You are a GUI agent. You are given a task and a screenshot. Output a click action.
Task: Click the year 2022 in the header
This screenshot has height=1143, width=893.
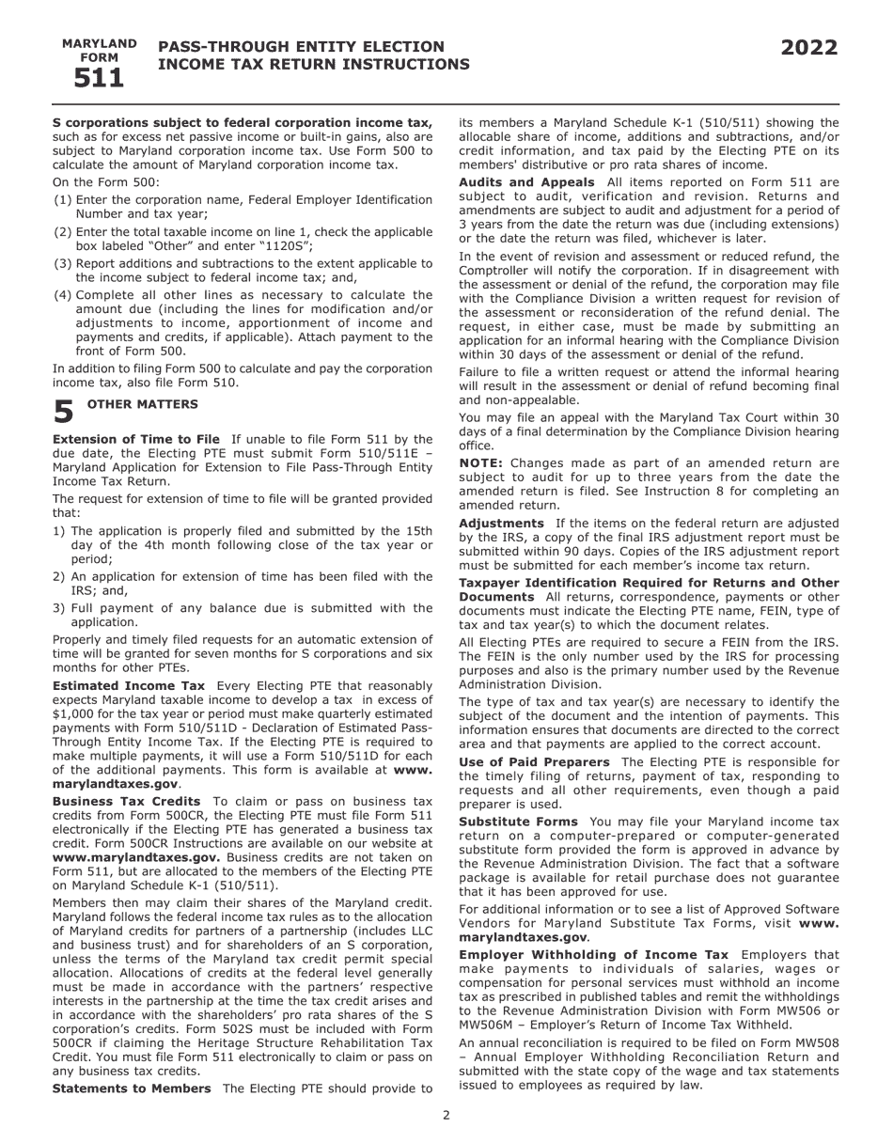tap(808, 48)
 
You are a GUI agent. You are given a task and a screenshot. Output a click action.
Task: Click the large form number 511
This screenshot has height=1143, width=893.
tap(99, 79)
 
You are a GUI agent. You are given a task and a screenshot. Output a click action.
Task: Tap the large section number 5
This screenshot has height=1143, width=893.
tap(63, 413)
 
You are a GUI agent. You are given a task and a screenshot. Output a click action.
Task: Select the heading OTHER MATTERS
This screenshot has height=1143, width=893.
tap(142, 404)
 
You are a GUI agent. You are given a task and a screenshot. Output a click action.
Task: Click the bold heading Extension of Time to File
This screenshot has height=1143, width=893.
tap(135, 439)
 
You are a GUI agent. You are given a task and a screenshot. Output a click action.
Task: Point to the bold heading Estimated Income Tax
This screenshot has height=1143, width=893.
tap(128, 685)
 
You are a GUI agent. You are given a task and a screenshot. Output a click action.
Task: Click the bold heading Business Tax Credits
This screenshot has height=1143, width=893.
tap(126, 801)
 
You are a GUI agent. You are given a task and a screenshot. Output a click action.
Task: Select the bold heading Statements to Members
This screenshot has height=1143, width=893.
tap(132, 1088)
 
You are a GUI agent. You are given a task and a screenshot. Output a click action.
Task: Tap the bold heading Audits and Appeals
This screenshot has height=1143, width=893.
tap(526, 181)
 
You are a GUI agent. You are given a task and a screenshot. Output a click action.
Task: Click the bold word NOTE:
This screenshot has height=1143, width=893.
tap(480, 462)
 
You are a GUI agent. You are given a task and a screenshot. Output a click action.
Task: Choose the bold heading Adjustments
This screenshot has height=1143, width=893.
tap(501, 523)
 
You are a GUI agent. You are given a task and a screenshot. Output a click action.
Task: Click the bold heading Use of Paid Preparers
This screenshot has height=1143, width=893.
tap(534, 761)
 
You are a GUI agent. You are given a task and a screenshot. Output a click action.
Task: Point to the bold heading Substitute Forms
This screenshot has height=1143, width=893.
tap(518, 822)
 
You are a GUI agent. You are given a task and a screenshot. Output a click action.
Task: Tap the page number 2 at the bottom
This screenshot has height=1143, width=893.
tap(446, 1115)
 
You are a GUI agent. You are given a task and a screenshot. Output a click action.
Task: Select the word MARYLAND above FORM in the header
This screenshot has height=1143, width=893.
tap(99, 43)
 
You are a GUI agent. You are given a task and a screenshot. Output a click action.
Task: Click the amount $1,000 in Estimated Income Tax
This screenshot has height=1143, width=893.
tap(73, 713)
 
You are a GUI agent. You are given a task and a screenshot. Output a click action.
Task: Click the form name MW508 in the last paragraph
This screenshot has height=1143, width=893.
tap(818, 1042)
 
